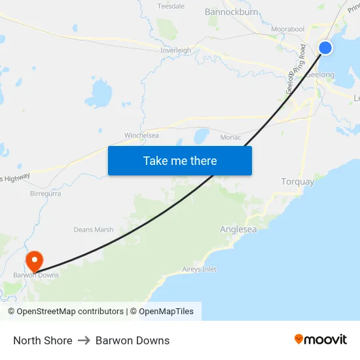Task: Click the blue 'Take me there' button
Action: coord(180,160)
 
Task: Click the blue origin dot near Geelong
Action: coord(325,47)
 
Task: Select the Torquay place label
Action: coord(297,181)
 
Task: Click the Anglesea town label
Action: coord(237,230)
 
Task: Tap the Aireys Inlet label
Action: coord(199,269)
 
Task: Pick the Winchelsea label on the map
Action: coord(141,135)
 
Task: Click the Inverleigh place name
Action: coord(175,50)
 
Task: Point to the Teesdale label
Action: coord(171,6)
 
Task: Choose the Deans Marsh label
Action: coord(94,230)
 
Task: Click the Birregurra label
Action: coord(45,194)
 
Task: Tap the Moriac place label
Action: coord(230,137)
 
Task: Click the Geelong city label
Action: coord(322,75)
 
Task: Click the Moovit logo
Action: coord(321,340)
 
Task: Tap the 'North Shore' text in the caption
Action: coord(43,340)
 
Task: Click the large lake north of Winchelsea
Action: coord(99,93)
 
